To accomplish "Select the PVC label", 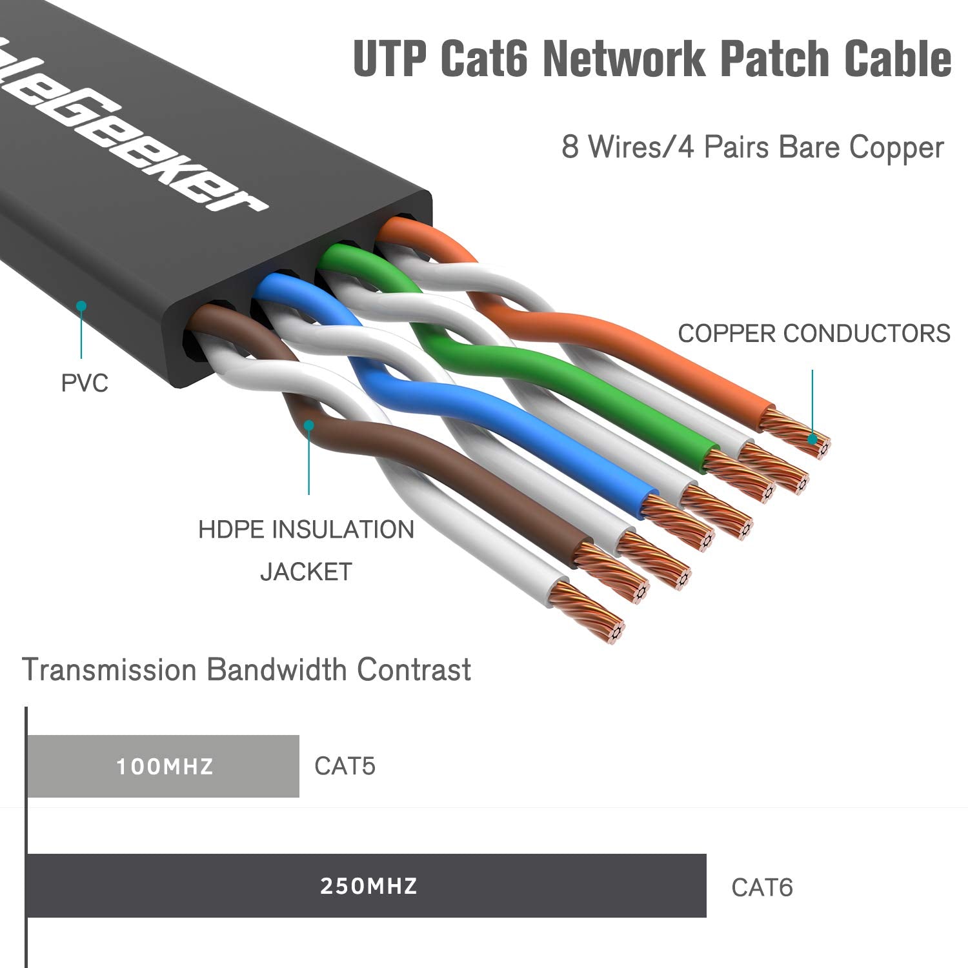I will pyautogui.click(x=85, y=383).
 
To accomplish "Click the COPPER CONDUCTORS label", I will pyautogui.click(x=814, y=334).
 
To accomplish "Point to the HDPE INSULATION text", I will pyautogui.click(x=306, y=530).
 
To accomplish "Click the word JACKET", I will pyautogui.click(x=306, y=572).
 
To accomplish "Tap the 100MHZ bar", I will pyautogui.click(x=163, y=766).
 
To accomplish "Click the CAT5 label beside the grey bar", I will pyautogui.click(x=345, y=767).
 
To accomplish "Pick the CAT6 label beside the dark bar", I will pyautogui.click(x=761, y=888).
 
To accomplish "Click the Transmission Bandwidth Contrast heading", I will pyautogui.click(x=247, y=670).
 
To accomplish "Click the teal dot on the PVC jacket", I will pyautogui.click(x=81, y=306).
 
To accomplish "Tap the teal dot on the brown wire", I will pyautogui.click(x=309, y=425).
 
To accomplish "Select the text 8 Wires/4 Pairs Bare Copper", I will pyautogui.click(x=752, y=147).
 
